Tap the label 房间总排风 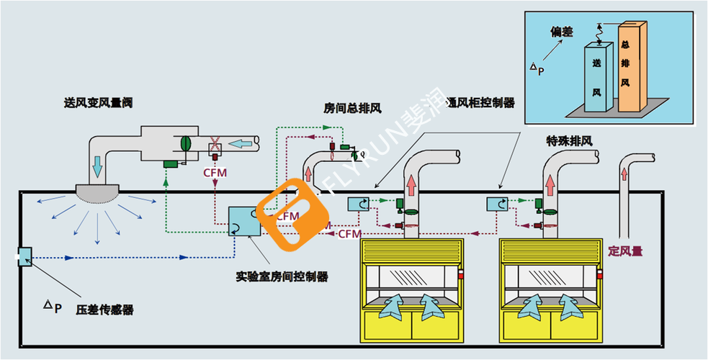(352, 108)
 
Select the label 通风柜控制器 (482, 103)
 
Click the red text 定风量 (625, 251)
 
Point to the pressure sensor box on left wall (24, 256)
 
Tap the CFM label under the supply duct (215, 172)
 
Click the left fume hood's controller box (359, 204)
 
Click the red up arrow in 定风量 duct (623, 172)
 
